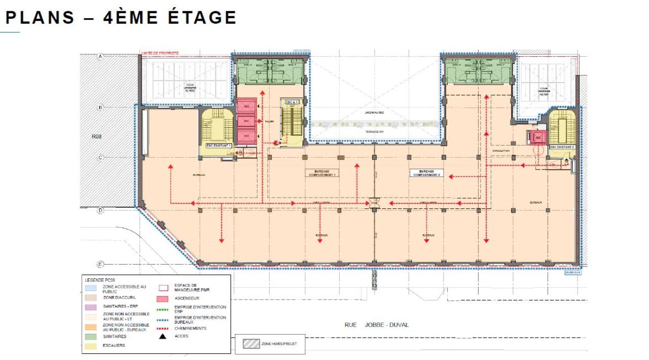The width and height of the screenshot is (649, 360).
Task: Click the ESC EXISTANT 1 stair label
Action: tap(219, 146)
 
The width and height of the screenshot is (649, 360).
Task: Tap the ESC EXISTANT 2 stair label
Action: tap(562, 147)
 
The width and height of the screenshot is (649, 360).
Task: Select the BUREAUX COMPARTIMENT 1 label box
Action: tap(323, 173)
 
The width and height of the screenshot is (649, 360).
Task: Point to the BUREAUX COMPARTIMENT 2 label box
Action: tap(426, 173)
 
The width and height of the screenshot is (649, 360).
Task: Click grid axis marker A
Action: tap(100, 57)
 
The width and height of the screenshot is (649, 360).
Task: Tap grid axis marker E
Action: tap(100, 264)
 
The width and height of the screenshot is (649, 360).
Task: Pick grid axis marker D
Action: tap(100, 210)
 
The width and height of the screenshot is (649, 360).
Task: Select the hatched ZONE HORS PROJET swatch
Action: tap(250, 344)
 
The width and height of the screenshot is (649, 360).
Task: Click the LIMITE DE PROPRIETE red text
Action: tap(160, 53)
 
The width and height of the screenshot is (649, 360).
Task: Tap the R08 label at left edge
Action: tap(97, 136)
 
